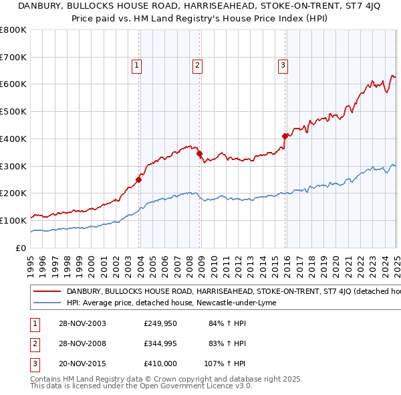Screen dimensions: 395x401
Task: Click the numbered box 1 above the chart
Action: tap(136, 66)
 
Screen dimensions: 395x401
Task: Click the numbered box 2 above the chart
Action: tap(198, 66)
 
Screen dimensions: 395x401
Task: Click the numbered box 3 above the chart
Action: tap(283, 66)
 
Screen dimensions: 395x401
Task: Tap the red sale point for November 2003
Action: tap(139, 179)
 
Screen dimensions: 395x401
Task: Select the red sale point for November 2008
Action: tap(200, 153)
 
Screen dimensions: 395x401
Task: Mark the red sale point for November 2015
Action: tap(285, 136)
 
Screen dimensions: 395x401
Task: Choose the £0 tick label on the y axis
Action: tap(21, 248)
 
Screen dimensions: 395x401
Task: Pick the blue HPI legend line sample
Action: tap(47, 303)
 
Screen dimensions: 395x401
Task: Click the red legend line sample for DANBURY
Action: tap(47, 291)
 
